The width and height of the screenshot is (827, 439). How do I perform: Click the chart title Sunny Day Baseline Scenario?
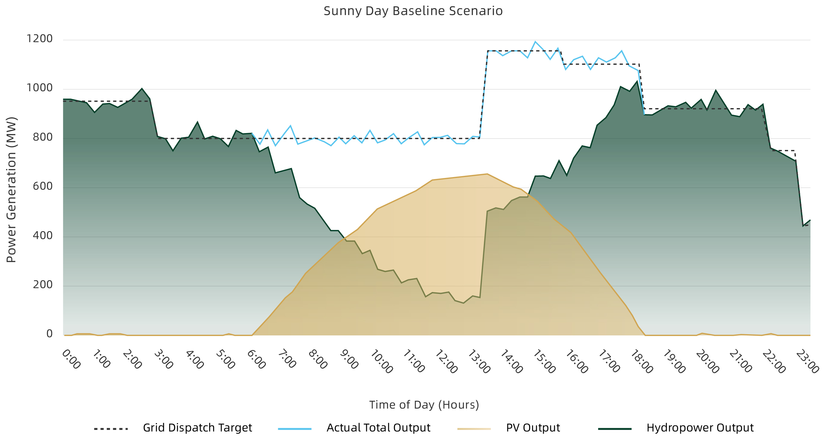click(413, 11)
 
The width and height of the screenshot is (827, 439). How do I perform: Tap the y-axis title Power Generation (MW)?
click(11, 190)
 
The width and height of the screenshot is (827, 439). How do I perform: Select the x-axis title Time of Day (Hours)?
click(424, 405)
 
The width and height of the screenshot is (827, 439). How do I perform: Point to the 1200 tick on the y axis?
click(39, 39)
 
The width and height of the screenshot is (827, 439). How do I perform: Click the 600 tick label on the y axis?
click(43, 186)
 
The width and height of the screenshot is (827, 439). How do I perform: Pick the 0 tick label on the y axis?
click(49, 334)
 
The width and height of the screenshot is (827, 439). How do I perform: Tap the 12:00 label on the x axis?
click(446, 362)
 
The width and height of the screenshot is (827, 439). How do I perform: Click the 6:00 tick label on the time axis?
click(256, 360)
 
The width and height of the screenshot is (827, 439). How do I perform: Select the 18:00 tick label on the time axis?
click(641, 362)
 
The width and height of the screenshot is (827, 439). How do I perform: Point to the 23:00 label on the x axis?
click(807, 362)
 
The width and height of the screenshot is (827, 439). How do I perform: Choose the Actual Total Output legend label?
click(378, 428)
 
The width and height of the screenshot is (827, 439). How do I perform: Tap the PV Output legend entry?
click(533, 428)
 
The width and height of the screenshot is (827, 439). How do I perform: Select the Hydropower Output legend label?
click(700, 428)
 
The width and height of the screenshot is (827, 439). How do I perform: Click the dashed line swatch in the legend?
click(111, 429)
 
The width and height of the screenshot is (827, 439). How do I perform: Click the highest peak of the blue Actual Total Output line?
click(535, 42)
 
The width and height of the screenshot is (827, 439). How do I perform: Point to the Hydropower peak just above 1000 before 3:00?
click(142, 89)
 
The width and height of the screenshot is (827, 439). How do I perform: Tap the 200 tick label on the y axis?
click(43, 285)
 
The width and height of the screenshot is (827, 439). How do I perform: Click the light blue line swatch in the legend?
click(295, 429)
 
